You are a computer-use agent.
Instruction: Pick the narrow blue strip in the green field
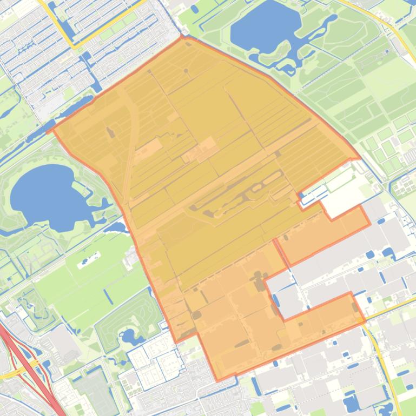tap(108, 297)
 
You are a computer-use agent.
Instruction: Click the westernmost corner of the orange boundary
tap(49, 130)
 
